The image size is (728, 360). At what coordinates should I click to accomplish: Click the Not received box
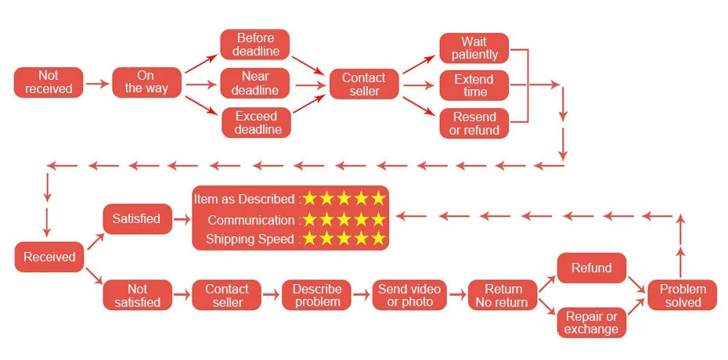point(49,82)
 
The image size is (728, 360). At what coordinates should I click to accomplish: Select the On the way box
point(146,82)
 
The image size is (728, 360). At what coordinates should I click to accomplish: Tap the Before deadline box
point(255,45)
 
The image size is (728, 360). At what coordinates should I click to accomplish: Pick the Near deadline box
point(255,83)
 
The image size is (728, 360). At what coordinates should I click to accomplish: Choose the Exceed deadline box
point(255,123)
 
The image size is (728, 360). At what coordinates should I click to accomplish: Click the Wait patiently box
point(474,48)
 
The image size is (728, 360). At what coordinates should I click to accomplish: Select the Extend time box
point(474,85)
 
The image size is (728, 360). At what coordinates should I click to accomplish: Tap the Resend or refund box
point(474,124)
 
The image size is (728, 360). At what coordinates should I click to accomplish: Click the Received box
point(49,257)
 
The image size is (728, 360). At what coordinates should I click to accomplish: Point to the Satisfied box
point(136,219)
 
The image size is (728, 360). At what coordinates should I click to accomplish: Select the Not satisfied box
point(137,295)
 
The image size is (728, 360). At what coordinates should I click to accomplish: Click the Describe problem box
point(317,295)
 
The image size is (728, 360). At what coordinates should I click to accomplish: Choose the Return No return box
point(502,295)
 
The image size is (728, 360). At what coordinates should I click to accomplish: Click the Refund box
point(592,268)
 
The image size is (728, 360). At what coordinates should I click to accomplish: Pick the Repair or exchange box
point(592,322)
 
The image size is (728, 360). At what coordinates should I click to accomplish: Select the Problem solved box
point(683,295)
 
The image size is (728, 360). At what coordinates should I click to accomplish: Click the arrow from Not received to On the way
point(97,82)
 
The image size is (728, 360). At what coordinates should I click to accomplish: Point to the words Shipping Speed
point(250,239)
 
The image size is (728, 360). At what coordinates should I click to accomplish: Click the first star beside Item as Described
point(311,199)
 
